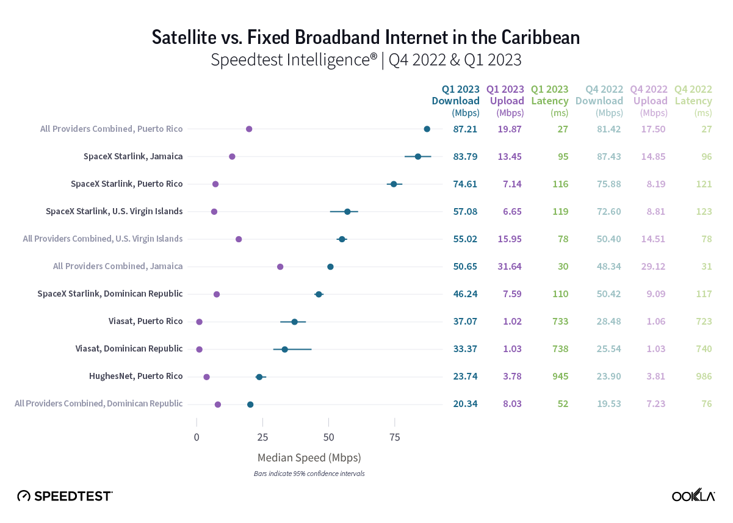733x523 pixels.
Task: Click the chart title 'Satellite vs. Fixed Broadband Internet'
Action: click(366, 38)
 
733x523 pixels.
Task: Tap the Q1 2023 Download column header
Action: click(456, 101)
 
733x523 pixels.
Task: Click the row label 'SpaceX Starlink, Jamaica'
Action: click(133, 156)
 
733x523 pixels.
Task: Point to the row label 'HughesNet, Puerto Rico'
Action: click(135, 376)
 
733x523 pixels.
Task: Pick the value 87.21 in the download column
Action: click(465, 129)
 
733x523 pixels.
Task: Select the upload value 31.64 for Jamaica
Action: click(509, 267)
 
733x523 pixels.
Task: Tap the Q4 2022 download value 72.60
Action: click(608, 211)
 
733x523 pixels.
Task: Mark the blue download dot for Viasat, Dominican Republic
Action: click(284, 349)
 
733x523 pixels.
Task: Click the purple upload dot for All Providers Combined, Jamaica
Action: click(280, 267)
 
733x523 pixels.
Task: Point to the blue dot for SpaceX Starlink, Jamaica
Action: click(417, 156)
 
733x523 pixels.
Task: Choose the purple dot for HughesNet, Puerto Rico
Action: click(206, 377)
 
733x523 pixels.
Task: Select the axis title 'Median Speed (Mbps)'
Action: click(309, 457)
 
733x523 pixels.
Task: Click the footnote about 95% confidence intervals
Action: click(309, 474)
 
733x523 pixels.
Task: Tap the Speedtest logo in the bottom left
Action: click(65, 496)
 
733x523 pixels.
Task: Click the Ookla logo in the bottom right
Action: click(693, 496)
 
